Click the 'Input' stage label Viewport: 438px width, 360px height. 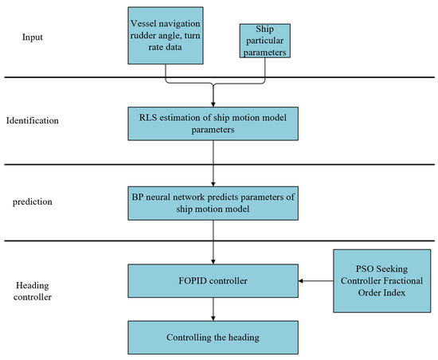[x=33, y=37]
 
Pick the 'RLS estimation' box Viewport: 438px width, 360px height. [x=213, y=121]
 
